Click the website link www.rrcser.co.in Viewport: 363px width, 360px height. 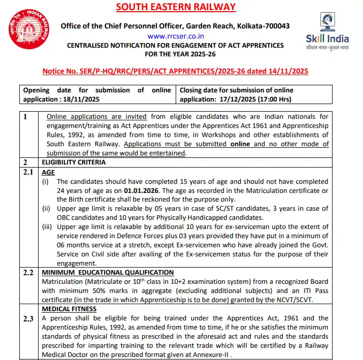[x=176, y=36]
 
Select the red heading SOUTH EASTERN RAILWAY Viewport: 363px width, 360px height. [x=176, y=7]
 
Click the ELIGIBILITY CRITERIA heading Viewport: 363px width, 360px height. [x=74, y=162]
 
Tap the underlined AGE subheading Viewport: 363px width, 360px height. [x=48, y=173]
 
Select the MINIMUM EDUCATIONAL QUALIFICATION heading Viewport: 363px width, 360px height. [x=108, y=273]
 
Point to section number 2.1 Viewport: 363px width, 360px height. [x=28, y=173]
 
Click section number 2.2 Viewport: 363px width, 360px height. [x=28, y=273]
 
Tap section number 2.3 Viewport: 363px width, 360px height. [x=28, y=318]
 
